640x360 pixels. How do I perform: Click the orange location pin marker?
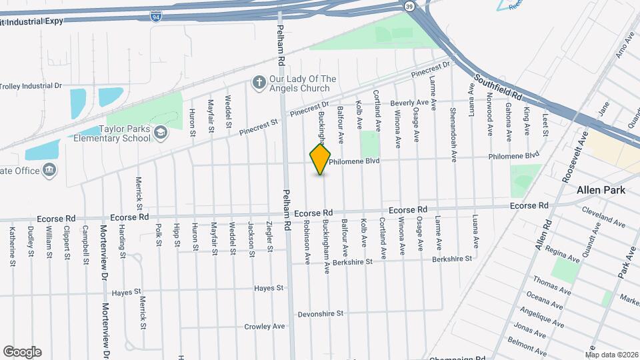click(x=321, y=159)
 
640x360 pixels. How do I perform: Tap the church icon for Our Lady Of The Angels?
click(x=259, y=82)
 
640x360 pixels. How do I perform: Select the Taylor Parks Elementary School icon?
click(x=160, y=133)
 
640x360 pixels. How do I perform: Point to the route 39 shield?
click(x=408, y=5)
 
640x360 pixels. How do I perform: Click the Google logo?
click(x=22, y=351)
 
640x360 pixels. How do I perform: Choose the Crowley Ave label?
click(x=265, y=327)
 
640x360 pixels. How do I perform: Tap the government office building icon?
click(x=50, y=171)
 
